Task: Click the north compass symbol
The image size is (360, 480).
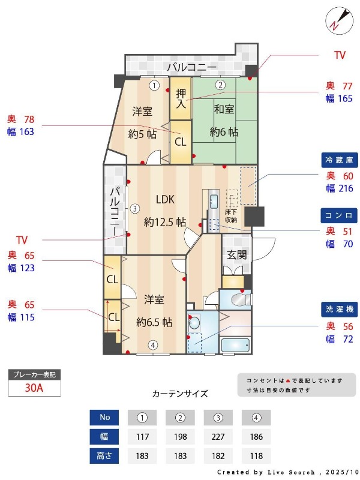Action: coord(337,20)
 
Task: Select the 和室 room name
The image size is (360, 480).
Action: coord(224,109)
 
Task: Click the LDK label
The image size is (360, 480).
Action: coord(166,199)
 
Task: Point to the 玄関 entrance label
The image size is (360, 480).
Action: coord(236,254)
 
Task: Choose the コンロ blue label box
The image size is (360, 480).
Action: coord(340,215)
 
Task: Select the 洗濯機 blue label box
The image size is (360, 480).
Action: coord(340,309)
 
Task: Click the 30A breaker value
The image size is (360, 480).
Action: coord(34,388)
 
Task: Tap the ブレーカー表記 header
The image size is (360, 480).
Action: coord(34,374)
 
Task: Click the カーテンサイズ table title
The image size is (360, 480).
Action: coord(180,394)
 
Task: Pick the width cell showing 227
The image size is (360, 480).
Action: coord(218,437)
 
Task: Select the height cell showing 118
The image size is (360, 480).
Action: coord(256,455)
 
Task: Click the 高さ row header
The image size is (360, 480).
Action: coord(104,455)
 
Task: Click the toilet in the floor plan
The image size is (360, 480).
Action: coord(242,298)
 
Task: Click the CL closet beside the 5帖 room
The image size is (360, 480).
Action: coord(180,142)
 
